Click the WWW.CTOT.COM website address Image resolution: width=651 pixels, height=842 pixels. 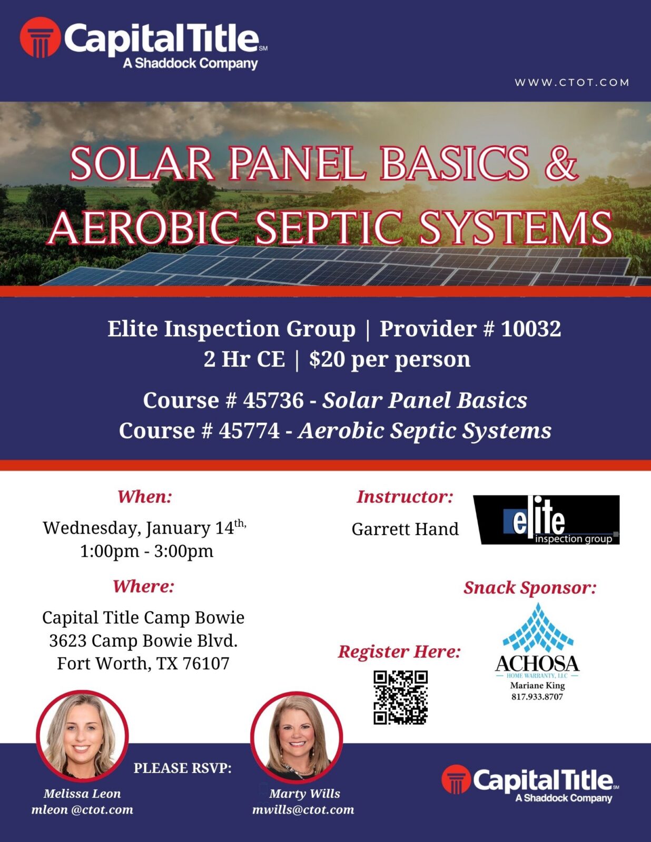[572, 83]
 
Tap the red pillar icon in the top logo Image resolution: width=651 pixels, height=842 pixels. [41, 37]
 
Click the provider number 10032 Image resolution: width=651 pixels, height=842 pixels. [531, 328]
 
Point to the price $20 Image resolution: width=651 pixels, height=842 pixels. [327, 359]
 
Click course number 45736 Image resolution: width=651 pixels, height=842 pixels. [273, 400]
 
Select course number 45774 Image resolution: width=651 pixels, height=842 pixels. [249, 431]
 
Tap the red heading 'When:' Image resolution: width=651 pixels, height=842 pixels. [145, 497]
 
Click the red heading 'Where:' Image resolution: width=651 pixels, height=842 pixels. [143, 586]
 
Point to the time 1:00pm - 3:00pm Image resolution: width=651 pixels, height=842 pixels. [146, 551]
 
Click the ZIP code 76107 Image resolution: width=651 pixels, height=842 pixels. [206, 664]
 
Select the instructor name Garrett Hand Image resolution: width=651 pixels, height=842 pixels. [405, 529]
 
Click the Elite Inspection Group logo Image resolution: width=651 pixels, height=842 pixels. [547, 519]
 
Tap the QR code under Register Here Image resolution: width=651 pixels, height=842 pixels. [400, 697]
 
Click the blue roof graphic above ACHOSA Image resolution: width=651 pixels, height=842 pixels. [537, 627]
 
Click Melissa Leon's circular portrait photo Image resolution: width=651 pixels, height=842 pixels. [82, 736]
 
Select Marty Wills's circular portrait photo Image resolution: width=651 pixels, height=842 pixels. [297, 737]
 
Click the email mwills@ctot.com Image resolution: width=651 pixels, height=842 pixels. [303, 810]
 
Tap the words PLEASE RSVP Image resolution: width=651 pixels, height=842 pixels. [183, 768]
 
